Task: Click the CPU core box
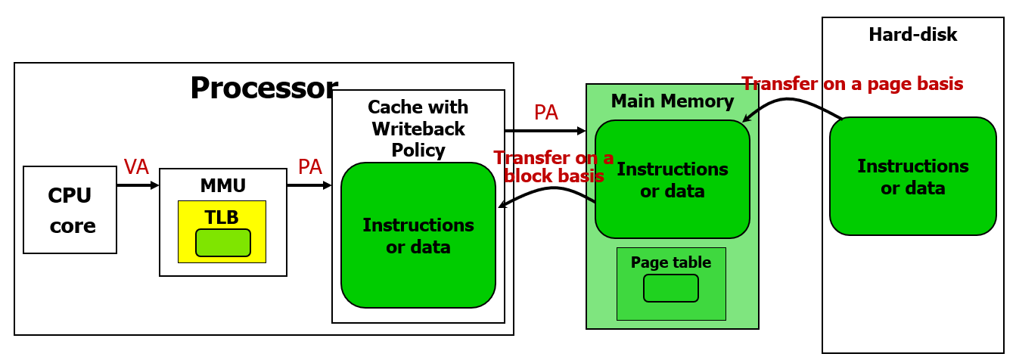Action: point(70,209)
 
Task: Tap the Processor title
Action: point(263,88)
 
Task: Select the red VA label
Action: point(136,167)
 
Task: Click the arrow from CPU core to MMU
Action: point(138,184)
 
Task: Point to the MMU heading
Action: point(222,185)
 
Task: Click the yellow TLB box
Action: point(222,231)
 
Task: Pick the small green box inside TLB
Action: point(222,242)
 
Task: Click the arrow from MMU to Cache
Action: point(309,184)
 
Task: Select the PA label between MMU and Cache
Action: point(310,167)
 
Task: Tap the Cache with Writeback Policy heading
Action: point(418,129)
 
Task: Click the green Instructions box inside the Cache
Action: point(418,235)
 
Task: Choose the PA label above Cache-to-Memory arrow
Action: point(546,113)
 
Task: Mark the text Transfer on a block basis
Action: point(554,167)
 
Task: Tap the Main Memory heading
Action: point(672,101)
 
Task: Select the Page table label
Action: point(671,262)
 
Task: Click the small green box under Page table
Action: point(671,288)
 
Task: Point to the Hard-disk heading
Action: point(912,35)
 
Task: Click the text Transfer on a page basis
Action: point(852,84)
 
